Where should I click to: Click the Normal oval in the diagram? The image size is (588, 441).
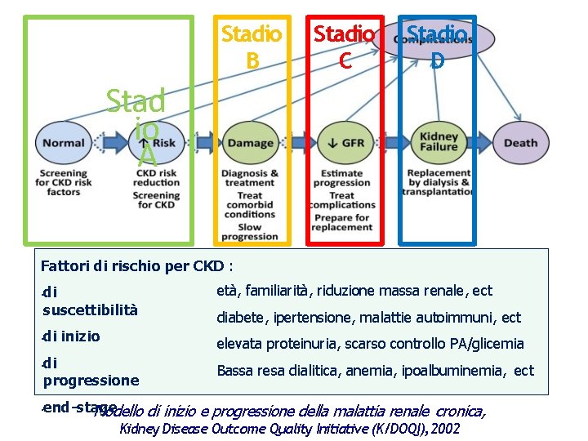click(63, 143)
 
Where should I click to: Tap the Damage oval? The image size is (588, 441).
click(250, 143)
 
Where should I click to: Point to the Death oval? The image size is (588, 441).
click(520, 143)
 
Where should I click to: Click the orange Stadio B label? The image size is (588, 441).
click(252, 47)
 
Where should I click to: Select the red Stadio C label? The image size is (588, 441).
click(345, 47)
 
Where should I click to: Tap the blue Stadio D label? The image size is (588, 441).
click(438, 45)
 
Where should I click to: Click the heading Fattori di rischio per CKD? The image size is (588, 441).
click(137, 265)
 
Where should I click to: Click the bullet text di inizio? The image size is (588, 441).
click(72, 336)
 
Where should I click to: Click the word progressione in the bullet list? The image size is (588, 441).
click(91, 381)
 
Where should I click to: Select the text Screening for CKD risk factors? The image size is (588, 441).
click(63, 182)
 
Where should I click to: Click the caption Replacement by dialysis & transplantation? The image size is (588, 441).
click(439, 182)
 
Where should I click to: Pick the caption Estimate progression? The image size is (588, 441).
click(342, 178)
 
